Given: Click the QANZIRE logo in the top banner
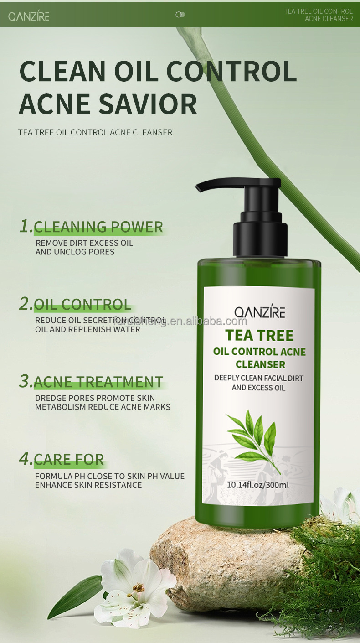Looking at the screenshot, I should [29, 16].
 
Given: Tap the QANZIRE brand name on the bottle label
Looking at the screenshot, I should [259, 312].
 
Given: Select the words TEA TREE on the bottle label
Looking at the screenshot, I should [259, 335].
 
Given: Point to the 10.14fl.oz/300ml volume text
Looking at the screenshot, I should [257, 485].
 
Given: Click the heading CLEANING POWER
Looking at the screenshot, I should [98, 227].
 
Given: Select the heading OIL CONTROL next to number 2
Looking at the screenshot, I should [82, 304].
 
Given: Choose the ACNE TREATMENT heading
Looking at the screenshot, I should [98, 382].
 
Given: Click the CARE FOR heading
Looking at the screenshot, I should [69, 459].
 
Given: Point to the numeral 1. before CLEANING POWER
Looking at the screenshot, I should [26, 226].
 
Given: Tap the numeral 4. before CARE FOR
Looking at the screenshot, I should [26, 459].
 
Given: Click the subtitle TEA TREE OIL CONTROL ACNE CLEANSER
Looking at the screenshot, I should [95, 133].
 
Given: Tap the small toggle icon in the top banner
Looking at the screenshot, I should [180, 15].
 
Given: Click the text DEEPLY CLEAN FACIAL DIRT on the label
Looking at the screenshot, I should [258, 378].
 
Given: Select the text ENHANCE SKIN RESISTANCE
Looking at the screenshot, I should [88, 485].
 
